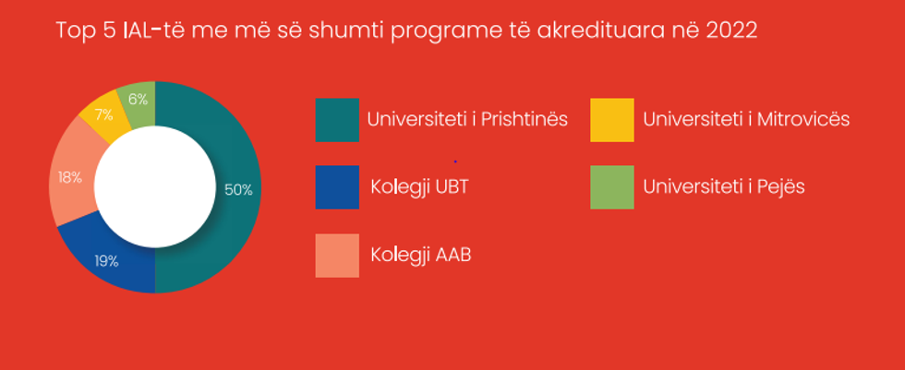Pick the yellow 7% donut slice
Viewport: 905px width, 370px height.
click(x=103, y=115)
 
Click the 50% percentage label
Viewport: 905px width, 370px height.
click(x=238, y=189)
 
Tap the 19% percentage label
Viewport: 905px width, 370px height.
click(x=107, y=261)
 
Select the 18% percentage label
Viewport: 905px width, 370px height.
click(x=70, y=177)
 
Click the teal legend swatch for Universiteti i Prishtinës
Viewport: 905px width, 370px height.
click(x=337, y=120)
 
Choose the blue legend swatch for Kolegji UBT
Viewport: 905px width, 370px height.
click(x=337, y=187)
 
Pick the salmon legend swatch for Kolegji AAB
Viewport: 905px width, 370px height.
click(x=337, y=256)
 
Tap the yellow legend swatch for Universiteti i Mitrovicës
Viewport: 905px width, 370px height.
click(x=611, y=120)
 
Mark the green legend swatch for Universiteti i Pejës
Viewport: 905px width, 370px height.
click(x=611, y=187)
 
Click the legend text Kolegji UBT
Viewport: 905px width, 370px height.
click(x=419, y=188)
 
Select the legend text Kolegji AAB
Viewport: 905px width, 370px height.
click(x=421, y=256)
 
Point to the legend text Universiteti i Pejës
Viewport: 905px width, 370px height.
click(x=724, y=187)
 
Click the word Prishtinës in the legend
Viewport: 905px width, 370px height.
click(x=525, y=119)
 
